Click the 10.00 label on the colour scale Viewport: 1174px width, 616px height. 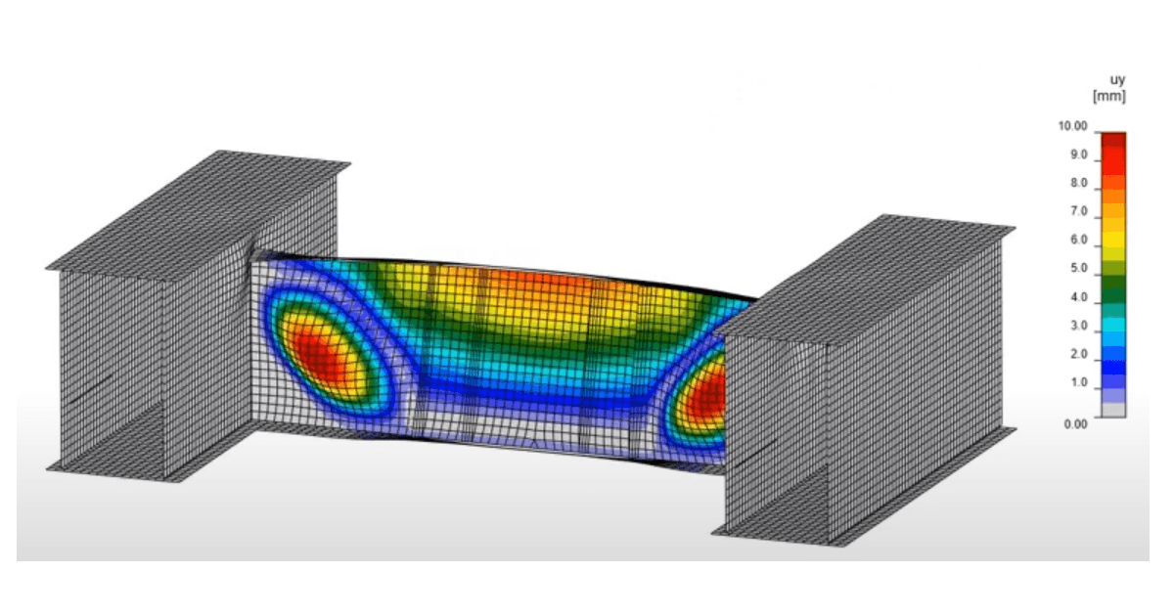coord(1073,126)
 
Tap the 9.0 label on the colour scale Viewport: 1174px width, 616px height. coord(1078,155)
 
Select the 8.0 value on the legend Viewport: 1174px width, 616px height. coord(1078,184)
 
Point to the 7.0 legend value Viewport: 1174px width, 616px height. coord(1078,211)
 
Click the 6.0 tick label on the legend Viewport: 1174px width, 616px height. coord(1078,240)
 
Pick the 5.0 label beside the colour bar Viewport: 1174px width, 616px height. coord(1078,268)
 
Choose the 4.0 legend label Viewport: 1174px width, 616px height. coord(1078,297)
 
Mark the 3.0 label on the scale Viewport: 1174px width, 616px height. coord(1078,326)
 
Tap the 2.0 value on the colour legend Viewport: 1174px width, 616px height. coord(1078,354)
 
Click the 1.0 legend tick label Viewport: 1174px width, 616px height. coord(1078,382)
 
